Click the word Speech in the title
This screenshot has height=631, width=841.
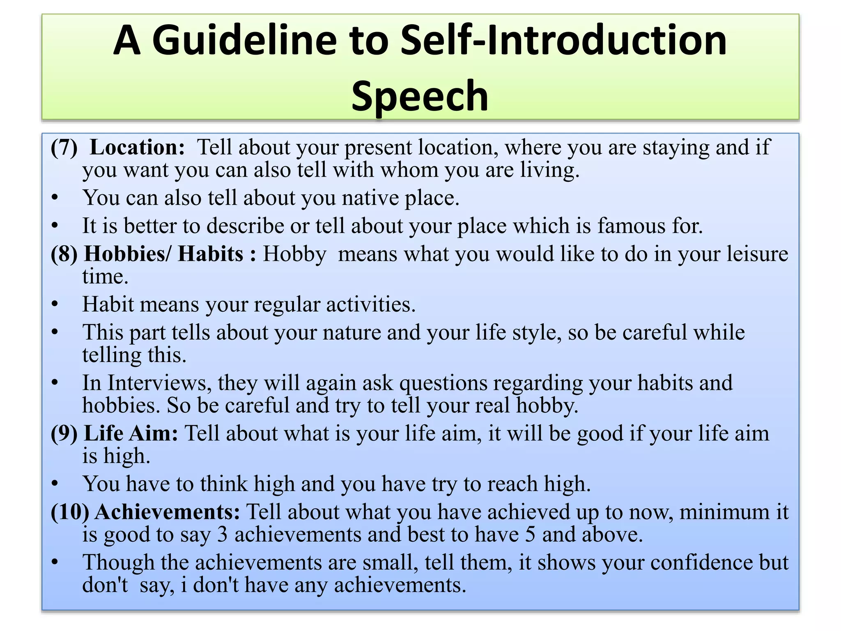420,96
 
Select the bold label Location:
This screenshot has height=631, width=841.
137,147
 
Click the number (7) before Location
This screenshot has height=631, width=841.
64,147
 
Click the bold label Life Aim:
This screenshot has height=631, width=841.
131,433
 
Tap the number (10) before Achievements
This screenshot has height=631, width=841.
70,512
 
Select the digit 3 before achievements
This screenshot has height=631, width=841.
222,534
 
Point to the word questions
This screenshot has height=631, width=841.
443,383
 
